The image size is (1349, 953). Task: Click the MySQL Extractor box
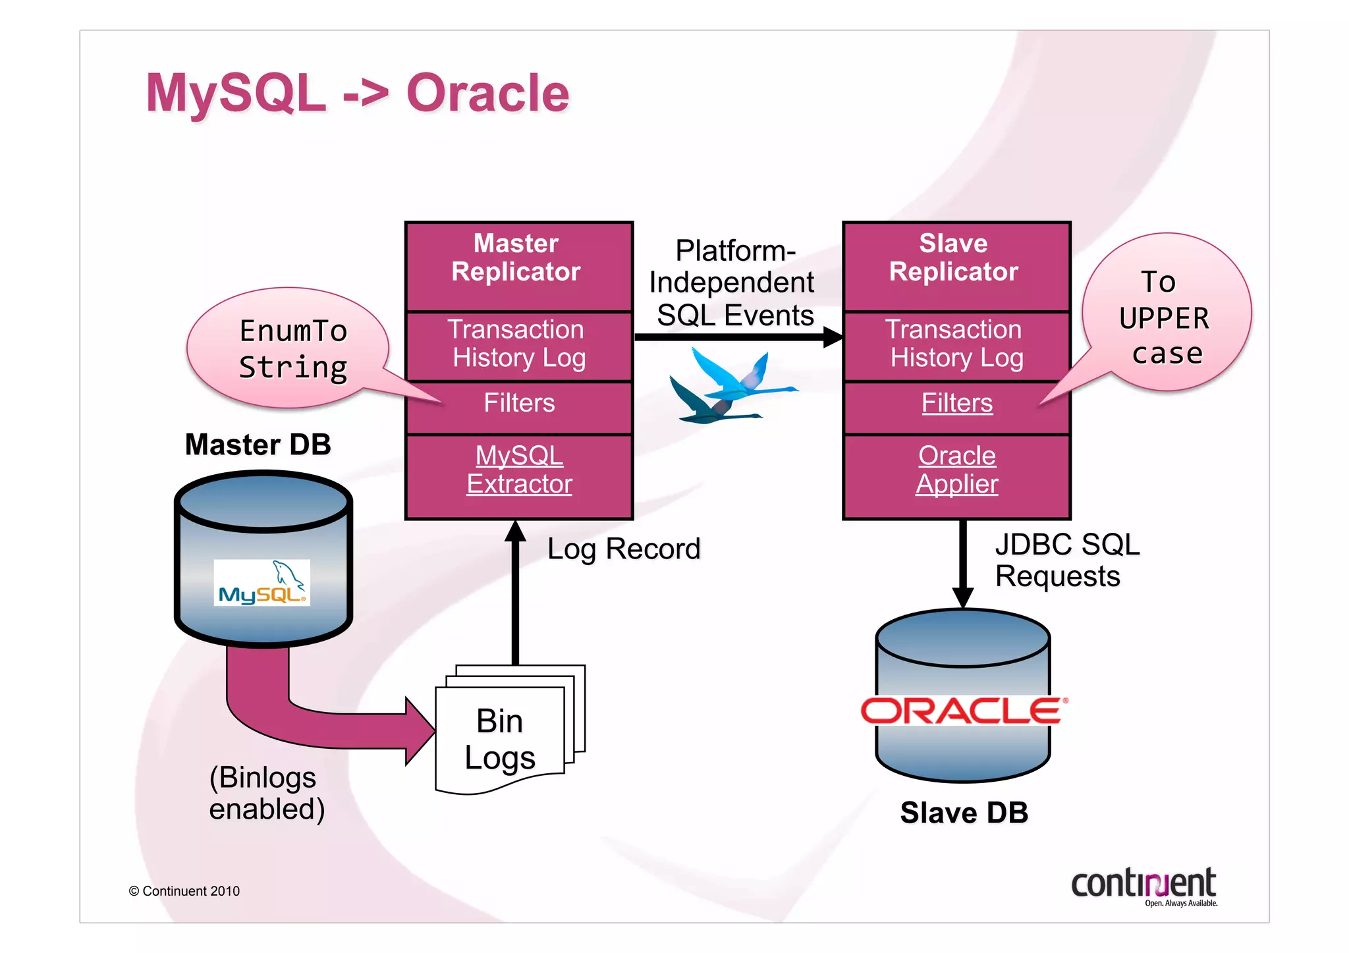coord(519,470)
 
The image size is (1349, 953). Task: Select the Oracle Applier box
coord(956,470)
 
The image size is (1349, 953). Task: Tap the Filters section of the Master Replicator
coord(519,403)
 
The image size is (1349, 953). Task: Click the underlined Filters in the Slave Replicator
coord(956,403)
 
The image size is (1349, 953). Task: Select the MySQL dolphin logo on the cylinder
coord(262,583)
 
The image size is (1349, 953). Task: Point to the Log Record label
coord(623,549)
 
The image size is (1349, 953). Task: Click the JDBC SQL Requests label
coord(1065,560)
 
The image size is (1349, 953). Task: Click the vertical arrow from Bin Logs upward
coord(515,593)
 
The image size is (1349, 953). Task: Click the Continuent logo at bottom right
coord(1144,886)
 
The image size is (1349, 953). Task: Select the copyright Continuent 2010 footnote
coord(184,891)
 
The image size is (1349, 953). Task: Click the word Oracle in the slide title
coord(487,94)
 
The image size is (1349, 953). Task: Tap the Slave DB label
coord(964,813)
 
